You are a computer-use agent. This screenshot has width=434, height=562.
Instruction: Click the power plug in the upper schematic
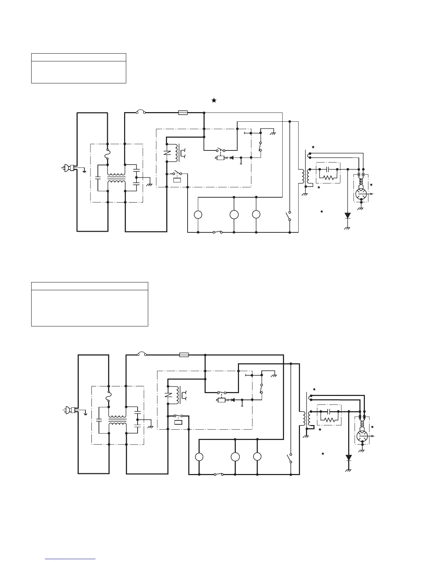(x=68, y=168)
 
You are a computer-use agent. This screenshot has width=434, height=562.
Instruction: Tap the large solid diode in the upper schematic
(x=347, y=215)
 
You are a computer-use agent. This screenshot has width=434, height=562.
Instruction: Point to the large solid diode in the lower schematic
(x=349, y=457)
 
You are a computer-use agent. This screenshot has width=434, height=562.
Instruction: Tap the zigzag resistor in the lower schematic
(x=330, y=419)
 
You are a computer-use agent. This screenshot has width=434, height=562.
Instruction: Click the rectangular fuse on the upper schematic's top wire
(x=183, y=113)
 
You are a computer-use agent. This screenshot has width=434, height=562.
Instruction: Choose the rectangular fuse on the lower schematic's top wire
(x=184, y=354)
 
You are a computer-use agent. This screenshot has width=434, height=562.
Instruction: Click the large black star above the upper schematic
(x=214, y=100)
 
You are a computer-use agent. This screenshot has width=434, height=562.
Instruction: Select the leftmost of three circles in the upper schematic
(x=198, y=215)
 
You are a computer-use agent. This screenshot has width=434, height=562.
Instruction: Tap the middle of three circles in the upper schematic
(x=234, y=215)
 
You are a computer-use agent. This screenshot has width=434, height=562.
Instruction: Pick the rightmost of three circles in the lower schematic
(x=257, y=457)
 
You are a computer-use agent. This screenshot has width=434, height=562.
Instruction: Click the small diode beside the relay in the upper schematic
(x=232, y=158)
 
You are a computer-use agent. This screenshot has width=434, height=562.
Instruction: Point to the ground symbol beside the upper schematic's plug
(x=84, y=171)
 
